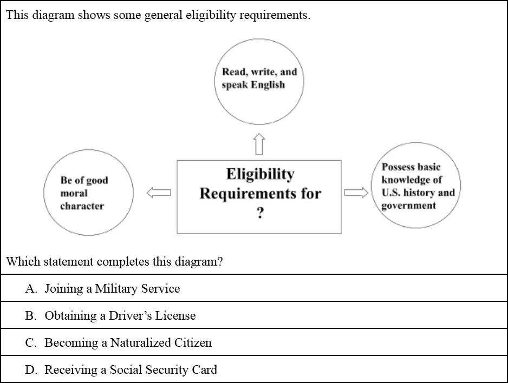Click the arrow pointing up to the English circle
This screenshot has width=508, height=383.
tap(259, 144)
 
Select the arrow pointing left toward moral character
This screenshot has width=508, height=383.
tap(159, 193)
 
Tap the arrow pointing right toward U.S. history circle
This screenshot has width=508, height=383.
tap(356, 193)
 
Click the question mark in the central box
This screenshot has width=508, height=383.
tap(260, 213)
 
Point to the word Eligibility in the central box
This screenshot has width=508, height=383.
tap(260, 175)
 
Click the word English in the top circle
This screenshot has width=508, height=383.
tap(268, 85)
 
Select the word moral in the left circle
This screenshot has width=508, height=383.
tap(74, 193)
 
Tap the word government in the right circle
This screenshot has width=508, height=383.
tap(408, 206)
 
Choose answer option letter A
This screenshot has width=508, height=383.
tap(31, 288)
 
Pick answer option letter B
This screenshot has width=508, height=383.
tap(31, 316)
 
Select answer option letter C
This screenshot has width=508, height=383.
tap(31, 343)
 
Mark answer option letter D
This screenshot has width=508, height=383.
tap(31, 369)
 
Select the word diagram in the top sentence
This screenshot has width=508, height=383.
tap(53, 15)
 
